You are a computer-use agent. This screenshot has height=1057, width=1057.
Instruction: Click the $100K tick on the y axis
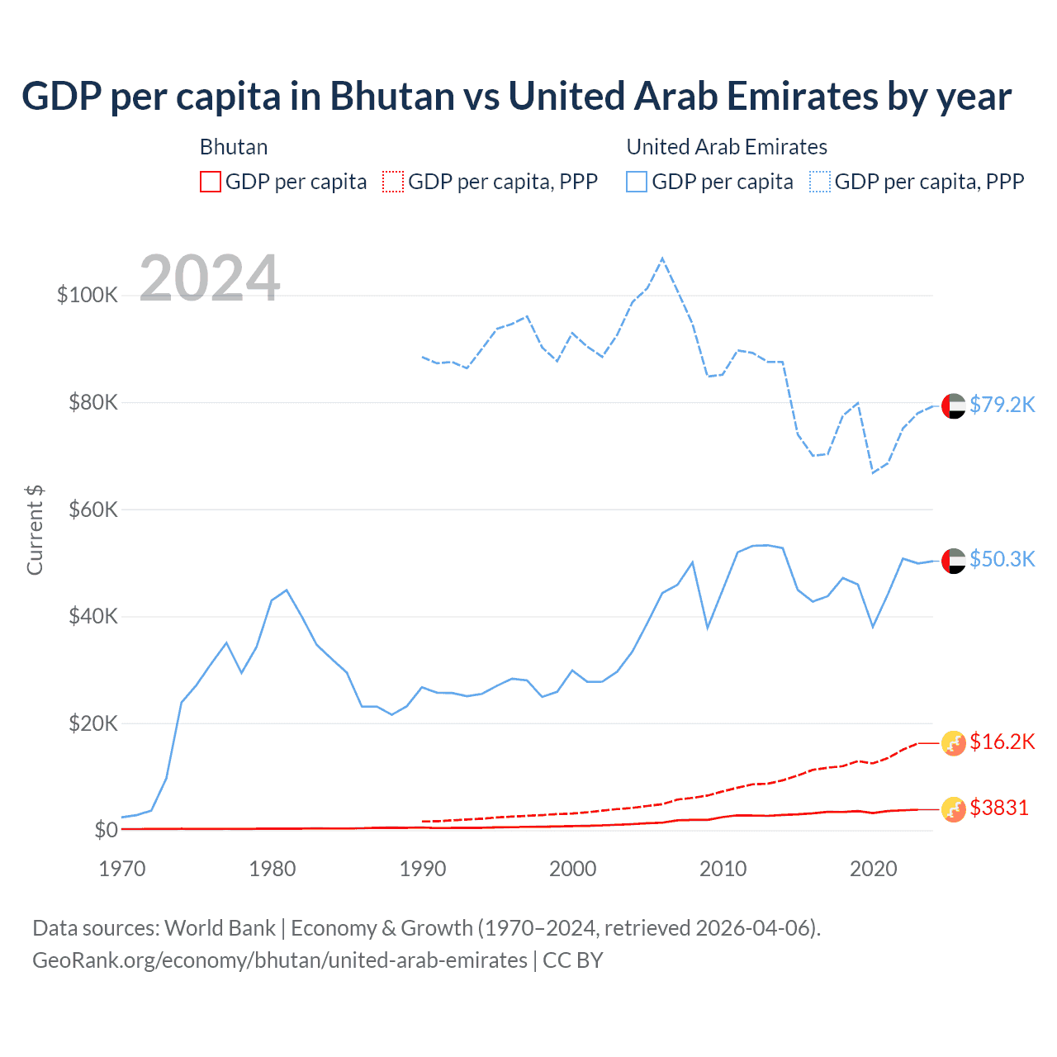coord(88,295)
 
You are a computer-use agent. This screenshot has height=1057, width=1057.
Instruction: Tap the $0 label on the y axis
coord(106,830)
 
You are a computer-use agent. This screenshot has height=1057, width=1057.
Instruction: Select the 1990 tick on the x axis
coord(423,869)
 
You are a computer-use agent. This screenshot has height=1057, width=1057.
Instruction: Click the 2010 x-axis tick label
coord(723,869)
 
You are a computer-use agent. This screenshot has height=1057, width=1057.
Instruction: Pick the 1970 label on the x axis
coord(122,869)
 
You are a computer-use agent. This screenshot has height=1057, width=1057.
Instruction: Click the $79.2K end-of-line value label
coord(1002,405)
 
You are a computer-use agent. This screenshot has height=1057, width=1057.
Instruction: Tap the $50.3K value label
coord(1002,559)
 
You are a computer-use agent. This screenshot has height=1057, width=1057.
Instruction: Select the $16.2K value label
coord(1002,742)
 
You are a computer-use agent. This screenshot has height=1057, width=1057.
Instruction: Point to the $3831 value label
coord(999,808)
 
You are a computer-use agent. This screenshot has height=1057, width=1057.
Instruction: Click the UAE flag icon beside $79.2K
coord(954,406)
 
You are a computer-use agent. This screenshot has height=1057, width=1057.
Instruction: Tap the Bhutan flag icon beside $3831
coord(954,809)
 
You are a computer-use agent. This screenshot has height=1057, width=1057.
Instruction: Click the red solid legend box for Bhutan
coord(211,182)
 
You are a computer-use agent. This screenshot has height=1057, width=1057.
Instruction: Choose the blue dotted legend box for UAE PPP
coord(820,182)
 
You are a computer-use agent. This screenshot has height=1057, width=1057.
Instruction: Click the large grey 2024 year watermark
coord(210,278)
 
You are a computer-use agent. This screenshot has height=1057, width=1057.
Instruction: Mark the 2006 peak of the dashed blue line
coord(662,258)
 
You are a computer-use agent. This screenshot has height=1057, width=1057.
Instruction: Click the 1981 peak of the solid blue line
coord(287,590)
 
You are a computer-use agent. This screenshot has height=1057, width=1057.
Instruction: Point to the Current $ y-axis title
coord(35,530)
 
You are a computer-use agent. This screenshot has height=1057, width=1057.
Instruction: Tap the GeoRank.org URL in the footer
coord(280,960)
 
